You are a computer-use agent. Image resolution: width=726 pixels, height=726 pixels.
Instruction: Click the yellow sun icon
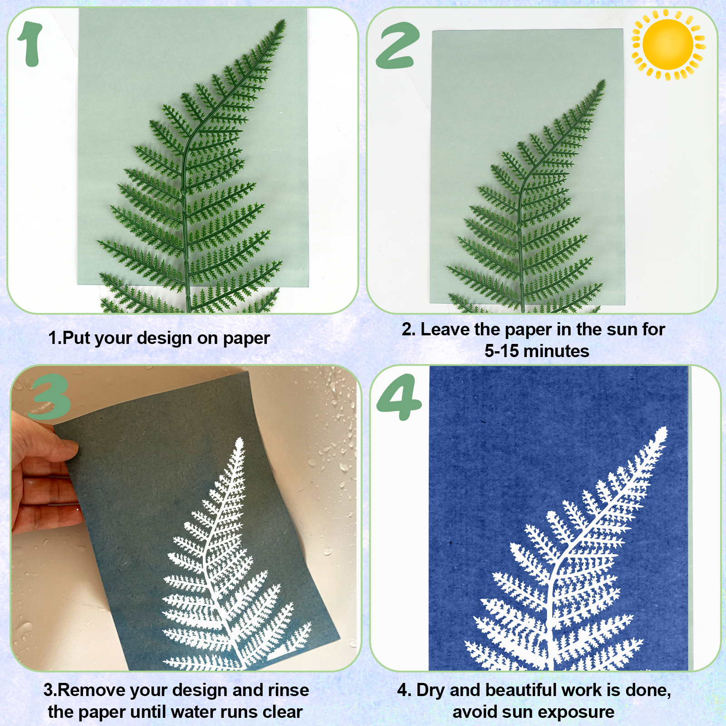click(x=668, y=44)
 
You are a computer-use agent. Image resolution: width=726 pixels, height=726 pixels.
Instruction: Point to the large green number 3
click(x=49, y=397)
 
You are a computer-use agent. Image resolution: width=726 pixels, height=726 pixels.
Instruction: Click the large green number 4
click(x=399, y=397)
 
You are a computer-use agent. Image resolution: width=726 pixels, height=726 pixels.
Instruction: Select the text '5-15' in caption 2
click(x=501, y=351)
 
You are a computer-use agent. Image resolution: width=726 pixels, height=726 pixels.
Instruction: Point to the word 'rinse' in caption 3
click(x=289, y=690)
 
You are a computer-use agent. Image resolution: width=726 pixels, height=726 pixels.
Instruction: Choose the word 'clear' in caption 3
click(x=282, y=712)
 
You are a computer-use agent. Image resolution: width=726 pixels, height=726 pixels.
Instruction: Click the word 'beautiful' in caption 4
click(x=525, y=690)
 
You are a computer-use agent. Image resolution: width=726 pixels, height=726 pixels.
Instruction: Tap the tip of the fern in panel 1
click(x=284, y=20)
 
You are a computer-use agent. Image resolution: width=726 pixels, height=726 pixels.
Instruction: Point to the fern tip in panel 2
click(x=604, y=81)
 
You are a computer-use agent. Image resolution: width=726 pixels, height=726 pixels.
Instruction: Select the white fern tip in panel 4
click(x=665, y=428)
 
